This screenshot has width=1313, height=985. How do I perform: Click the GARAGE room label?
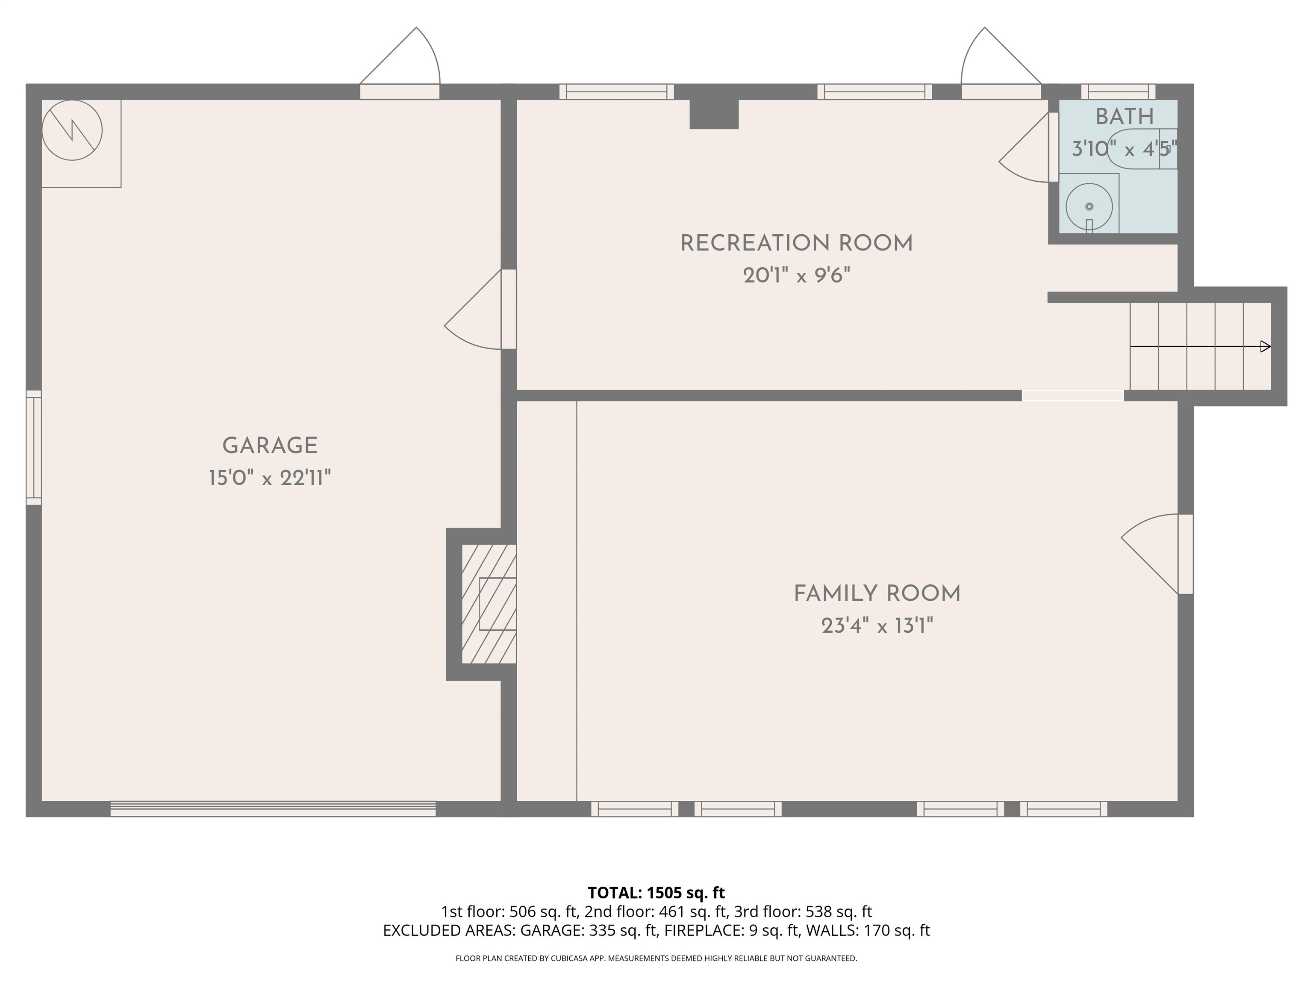coord(270,445)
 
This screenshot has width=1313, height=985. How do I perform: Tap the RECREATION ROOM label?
coord(797,243)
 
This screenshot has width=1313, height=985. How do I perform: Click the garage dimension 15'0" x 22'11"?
coord(270,478)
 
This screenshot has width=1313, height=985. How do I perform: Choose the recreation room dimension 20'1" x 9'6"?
coord(797,275)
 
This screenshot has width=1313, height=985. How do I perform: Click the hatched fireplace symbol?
coord(489,604)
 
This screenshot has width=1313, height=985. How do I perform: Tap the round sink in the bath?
coord(1089,207)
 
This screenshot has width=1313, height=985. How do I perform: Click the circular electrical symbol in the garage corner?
coord(72,130)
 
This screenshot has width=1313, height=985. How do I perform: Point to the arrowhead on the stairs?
coord(1266,346)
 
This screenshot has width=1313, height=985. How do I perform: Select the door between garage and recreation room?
coord(480,310)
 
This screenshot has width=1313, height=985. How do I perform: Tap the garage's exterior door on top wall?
coord(400,63)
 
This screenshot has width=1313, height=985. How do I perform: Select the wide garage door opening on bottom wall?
coord(273,809)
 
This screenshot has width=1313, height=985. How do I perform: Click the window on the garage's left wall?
coord(34,448)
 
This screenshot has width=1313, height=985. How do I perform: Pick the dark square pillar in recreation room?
coord(714,114)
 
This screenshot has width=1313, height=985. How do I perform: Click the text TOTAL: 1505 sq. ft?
coord(656,892)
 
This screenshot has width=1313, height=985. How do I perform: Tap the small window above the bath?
coord(1118,91)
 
